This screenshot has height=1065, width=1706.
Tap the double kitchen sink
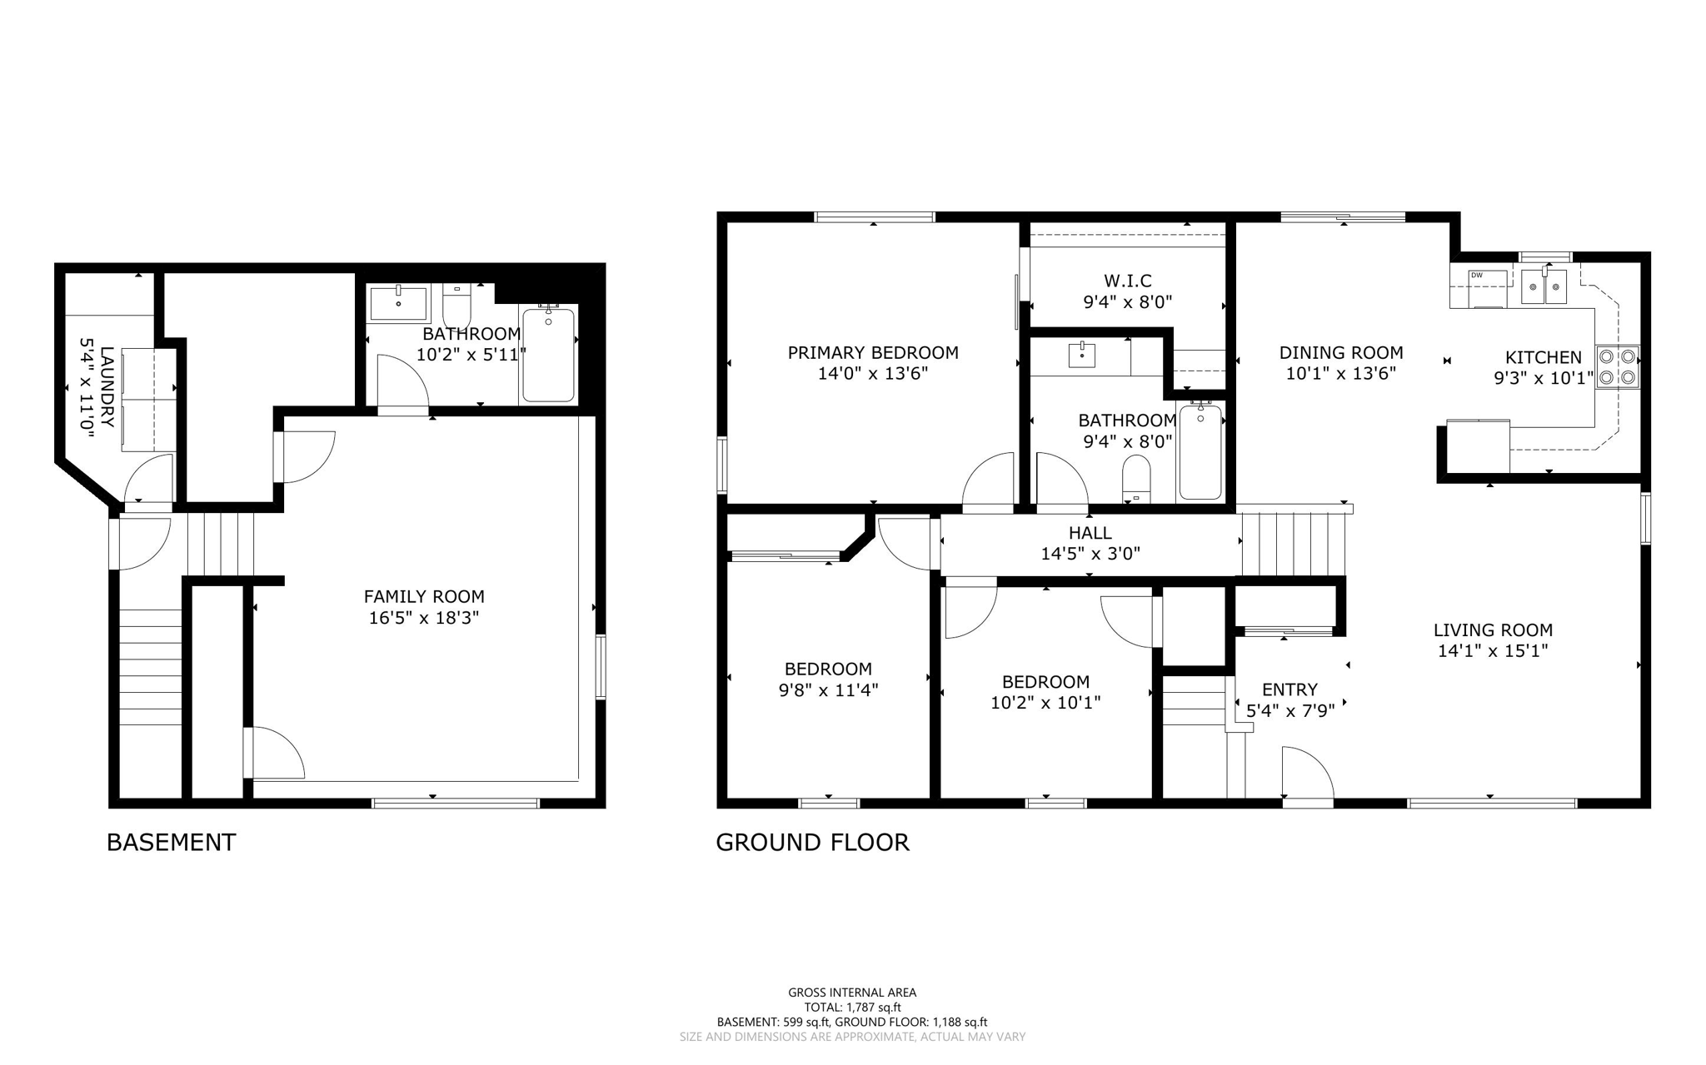1544,287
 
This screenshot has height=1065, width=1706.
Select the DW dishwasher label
1477,276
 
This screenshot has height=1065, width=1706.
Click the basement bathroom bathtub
548,356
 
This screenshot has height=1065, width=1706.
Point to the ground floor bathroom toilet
1136,480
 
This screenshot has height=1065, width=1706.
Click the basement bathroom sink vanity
398,303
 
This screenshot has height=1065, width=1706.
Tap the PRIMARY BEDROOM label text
873,353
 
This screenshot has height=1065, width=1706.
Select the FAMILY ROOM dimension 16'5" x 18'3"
424,618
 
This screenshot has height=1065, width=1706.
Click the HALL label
1090,533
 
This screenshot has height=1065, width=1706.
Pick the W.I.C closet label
1128,281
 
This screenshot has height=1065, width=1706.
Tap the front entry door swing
1306,773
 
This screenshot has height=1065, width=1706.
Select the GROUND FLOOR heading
812,842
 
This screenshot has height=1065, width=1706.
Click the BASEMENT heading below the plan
171,842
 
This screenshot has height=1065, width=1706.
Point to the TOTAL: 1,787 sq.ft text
852,1007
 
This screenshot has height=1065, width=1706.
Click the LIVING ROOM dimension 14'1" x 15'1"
1493,651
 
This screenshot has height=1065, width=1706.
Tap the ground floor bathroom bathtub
1200,451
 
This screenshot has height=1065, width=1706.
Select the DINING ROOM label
1341,353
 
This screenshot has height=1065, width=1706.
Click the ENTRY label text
1289,689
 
